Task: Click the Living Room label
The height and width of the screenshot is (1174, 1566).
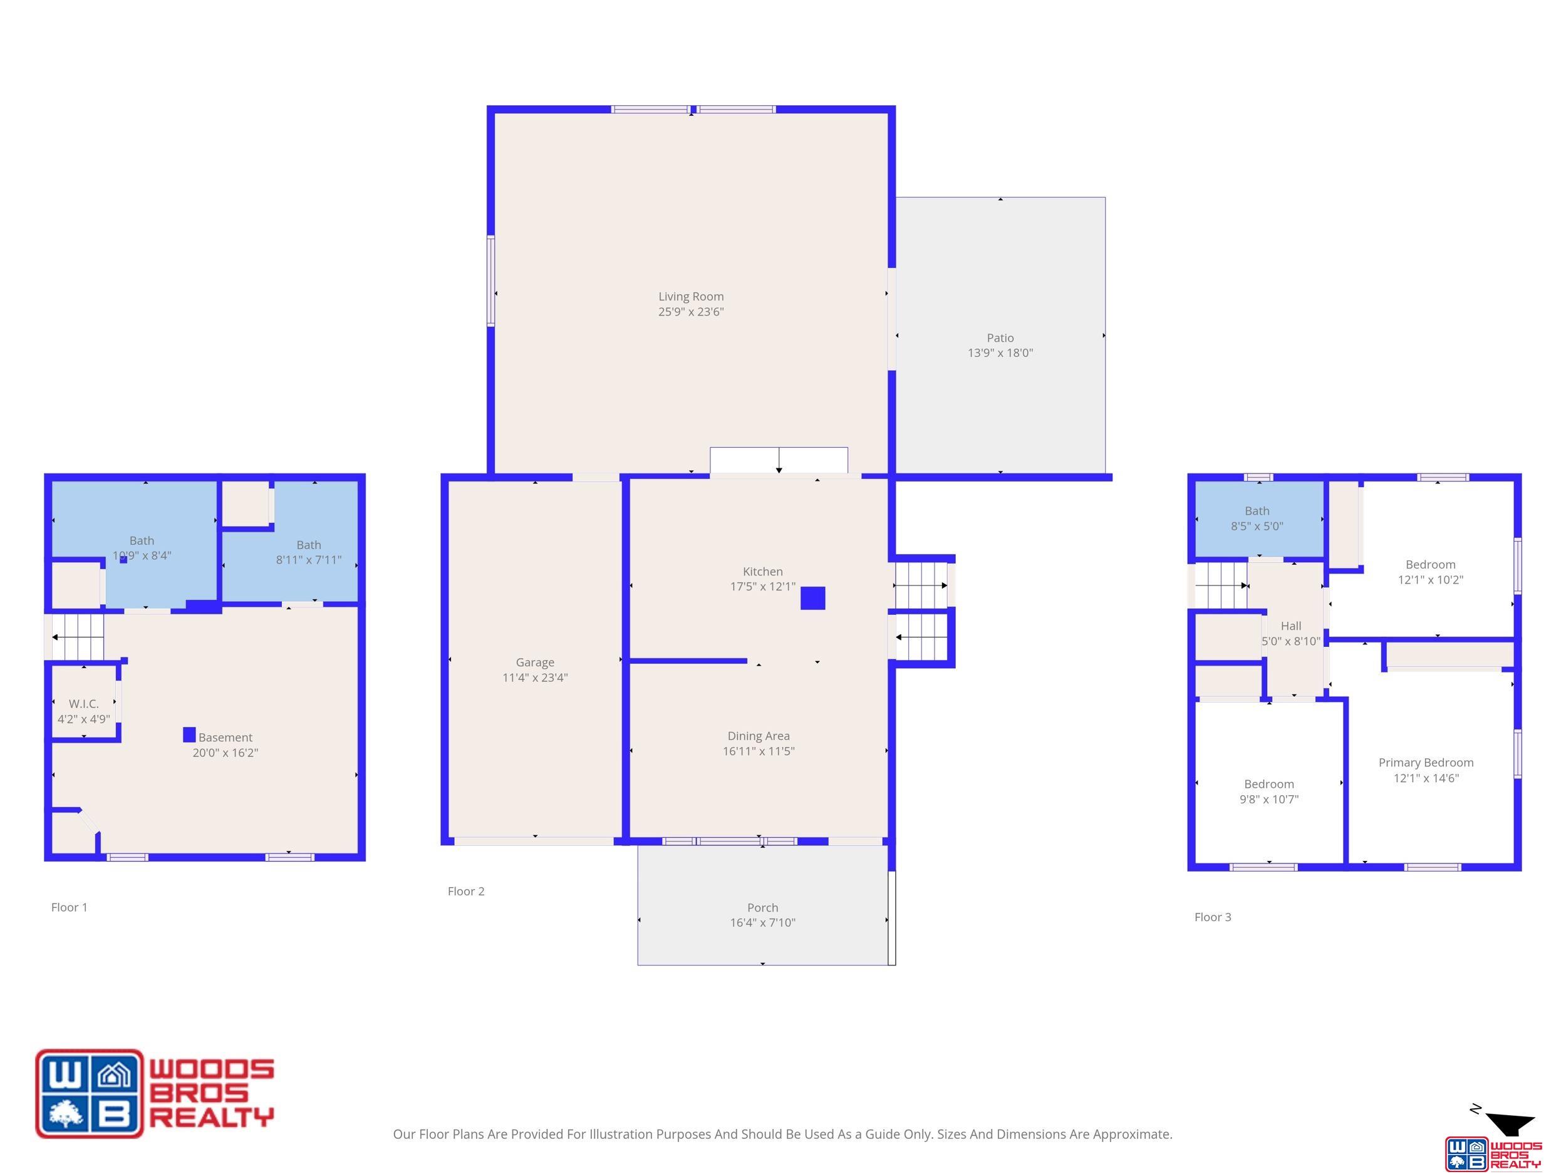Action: point(691,304)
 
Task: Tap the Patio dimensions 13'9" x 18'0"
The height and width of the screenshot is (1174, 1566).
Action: point(1000,353)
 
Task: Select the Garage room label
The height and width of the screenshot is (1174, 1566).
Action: point(535,670)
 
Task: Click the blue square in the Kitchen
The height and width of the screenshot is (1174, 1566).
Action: point(812,598)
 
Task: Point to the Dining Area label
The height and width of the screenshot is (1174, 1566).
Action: point(759,744)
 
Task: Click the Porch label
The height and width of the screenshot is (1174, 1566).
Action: point(762,915)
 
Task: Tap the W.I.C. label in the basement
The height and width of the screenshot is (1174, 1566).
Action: point(83,711)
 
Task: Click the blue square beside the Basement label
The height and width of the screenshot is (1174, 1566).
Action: point(189,734)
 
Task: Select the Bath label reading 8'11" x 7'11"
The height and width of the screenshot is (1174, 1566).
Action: point(309,552)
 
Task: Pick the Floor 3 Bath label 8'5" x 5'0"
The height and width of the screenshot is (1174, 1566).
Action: point(1257,518)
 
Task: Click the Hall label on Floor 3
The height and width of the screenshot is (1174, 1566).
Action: point(1290,634)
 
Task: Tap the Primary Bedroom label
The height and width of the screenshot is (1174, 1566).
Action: point(1426,770)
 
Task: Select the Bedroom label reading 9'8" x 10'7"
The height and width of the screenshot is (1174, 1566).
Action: point(1268,792)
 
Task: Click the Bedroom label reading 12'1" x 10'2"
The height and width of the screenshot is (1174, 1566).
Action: point(1430,572)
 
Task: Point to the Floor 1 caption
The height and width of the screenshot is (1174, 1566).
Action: point(70,907)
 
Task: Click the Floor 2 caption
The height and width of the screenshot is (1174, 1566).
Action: point(466,891)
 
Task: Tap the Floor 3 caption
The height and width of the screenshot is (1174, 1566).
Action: point(1213,917)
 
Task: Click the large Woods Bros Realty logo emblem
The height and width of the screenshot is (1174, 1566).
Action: point(89,1093)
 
